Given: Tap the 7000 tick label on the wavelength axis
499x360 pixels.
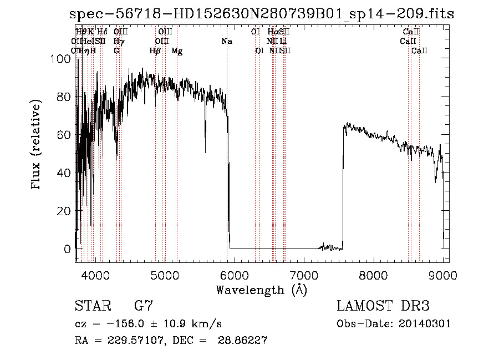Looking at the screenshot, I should (x=304, y=275).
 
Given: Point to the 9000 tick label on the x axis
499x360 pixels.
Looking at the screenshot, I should (x=443, y=275).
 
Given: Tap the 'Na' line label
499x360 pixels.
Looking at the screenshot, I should (x=226, y=42).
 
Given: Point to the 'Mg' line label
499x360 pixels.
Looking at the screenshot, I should (x=177, y=51).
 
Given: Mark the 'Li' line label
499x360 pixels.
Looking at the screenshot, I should (x=283, y=42).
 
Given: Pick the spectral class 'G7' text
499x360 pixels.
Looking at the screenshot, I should (x=143, y=306).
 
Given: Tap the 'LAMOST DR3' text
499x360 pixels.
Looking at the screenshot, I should (x=383, y=306).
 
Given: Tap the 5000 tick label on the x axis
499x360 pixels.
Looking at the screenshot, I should (x=165, y=275).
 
